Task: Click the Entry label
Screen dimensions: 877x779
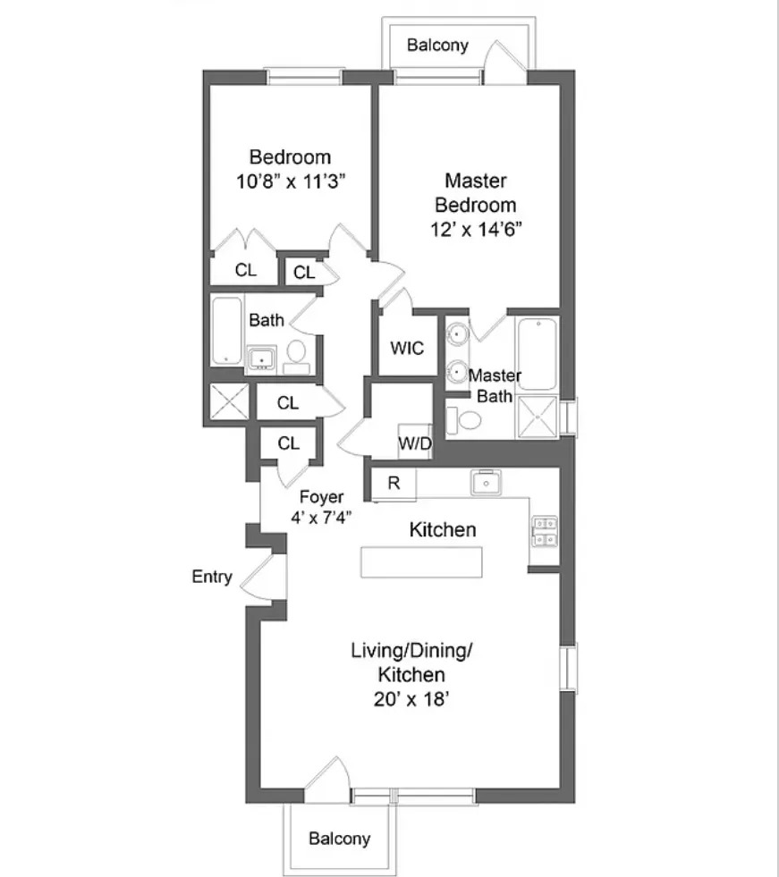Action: [212, 577]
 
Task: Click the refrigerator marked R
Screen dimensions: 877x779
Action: [394, 484]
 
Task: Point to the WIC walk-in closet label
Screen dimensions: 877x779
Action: [407, 348]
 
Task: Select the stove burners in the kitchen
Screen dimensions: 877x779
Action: [544, 531]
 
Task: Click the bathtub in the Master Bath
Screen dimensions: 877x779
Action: [537, 354]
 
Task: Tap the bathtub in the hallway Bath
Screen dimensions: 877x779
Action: [226, 331]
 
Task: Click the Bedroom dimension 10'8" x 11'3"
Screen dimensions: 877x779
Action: [290, 179]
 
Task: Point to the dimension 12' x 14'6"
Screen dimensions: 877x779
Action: [475, 228]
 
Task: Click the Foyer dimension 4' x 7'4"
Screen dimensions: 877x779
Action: [321, 518]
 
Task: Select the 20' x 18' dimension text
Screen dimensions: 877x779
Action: [411, 700]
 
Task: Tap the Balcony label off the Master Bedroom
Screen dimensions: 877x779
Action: [437, 45]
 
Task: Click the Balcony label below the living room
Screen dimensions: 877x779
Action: [339, 839]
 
